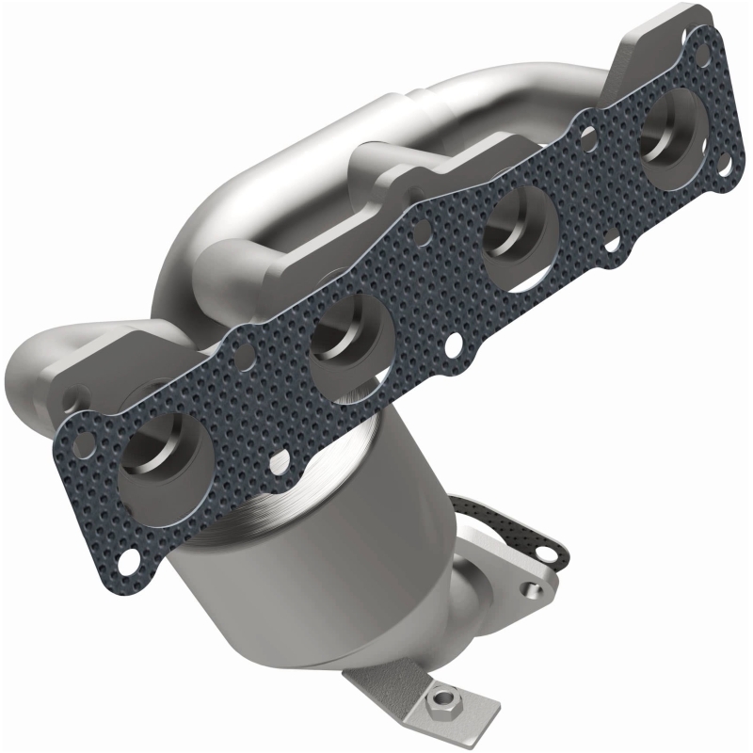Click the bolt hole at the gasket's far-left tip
point(84,441)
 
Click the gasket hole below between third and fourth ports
point(614,247)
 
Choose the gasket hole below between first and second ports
point(278,460)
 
